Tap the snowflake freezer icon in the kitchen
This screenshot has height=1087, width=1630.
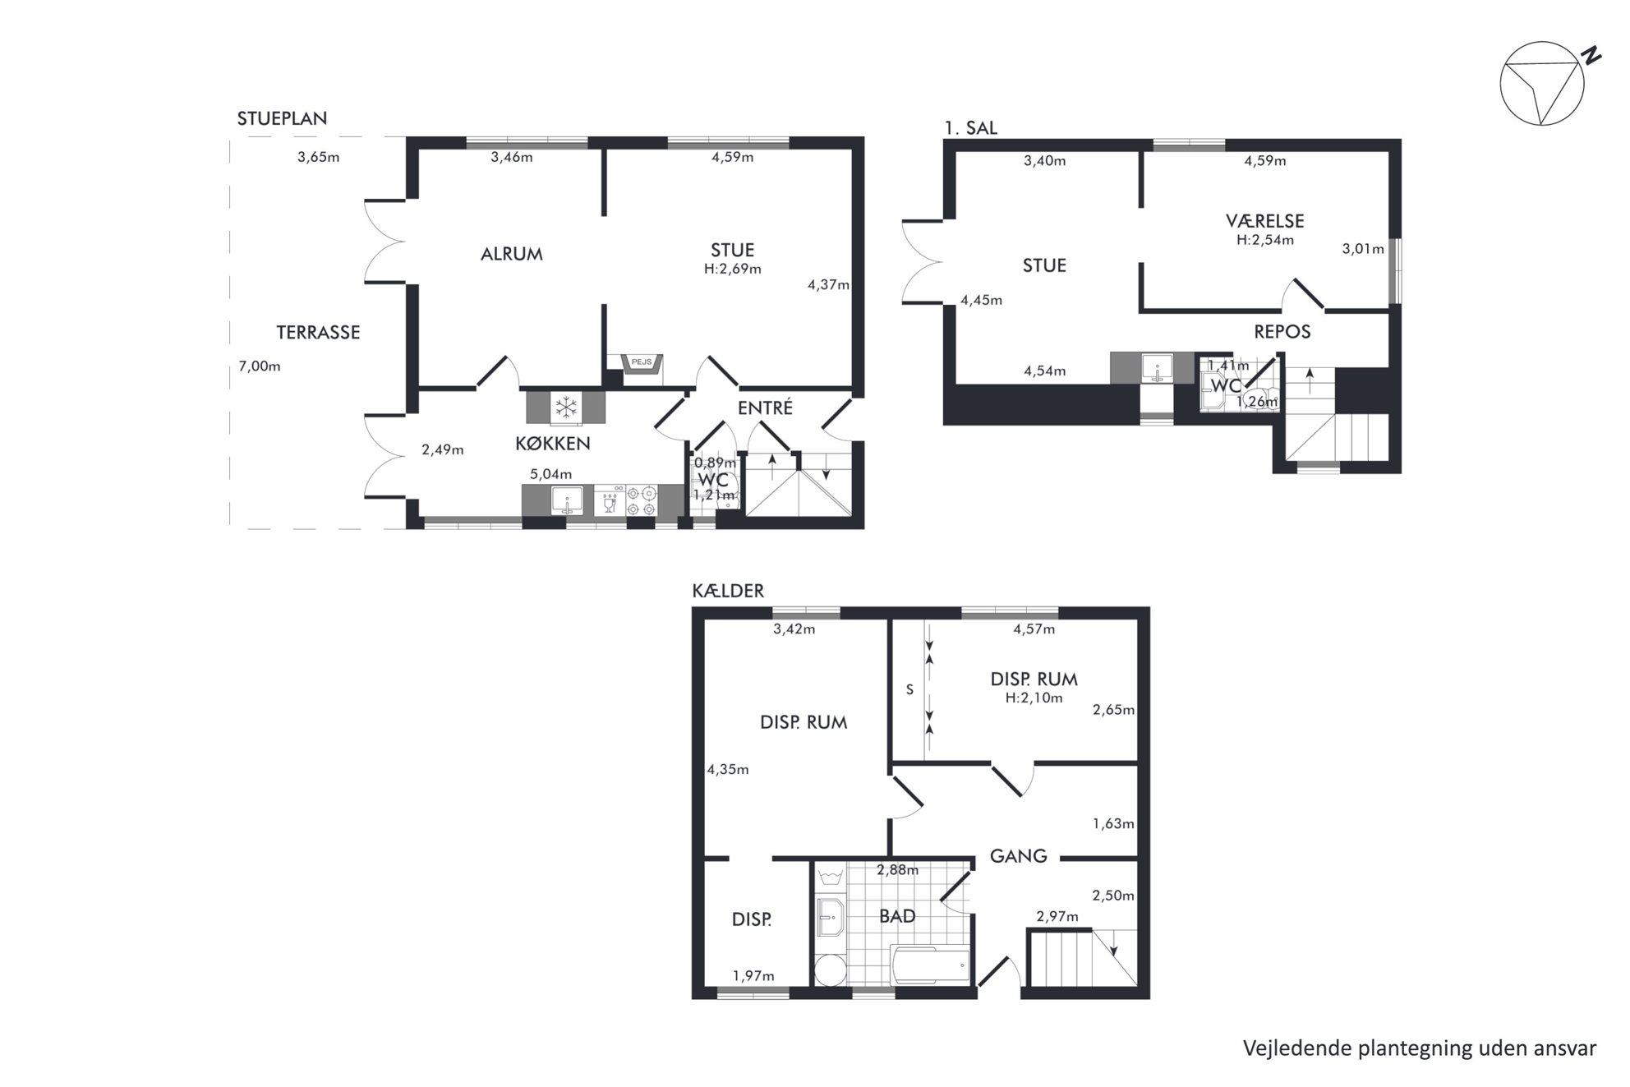coord(565,407)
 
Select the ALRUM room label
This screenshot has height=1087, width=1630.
coord(512,254)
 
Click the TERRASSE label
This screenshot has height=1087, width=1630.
coord(318,332)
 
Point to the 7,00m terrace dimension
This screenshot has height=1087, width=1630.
coord(260,366)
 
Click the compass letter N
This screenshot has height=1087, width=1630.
coord(1591,56)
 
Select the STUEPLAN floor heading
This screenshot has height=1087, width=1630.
coord(282,118)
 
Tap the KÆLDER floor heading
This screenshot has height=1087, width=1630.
coord(728,591)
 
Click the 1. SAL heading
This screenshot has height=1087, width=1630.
coord(970,128)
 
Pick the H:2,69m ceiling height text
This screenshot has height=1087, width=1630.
coord(733,269)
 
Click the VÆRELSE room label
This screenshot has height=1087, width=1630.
coord(1264,220)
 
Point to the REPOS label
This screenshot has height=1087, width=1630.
coord(1282,332)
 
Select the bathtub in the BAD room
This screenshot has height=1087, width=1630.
coord(930,964)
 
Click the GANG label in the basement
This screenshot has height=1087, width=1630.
coord(1018,856)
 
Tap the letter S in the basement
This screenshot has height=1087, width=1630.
coord(909,690)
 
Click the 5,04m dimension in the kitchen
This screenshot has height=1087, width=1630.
coord(550,474)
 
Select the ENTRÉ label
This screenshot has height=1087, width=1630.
coord(764,408)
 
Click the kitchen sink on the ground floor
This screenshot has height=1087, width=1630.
coord(567,500)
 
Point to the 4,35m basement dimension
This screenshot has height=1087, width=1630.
coord(728,770)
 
